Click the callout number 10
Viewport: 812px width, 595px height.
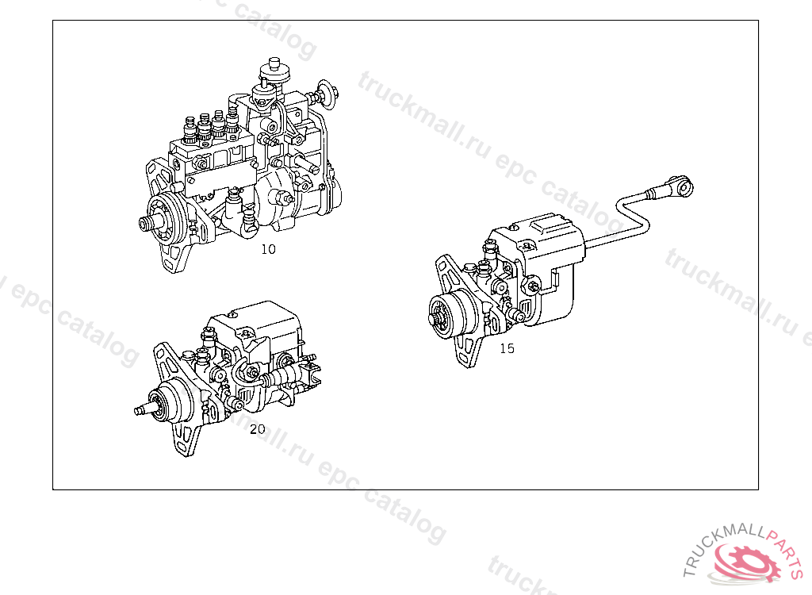[268, 249]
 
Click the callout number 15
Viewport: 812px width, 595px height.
[507, 348]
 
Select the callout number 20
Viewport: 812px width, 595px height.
[258, 429]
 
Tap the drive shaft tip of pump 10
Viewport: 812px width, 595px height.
[144, 224]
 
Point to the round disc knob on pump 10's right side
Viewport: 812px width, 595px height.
[326, 94]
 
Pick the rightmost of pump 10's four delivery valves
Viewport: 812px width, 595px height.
[232, 122]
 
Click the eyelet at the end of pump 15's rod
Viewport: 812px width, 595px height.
[683, 186]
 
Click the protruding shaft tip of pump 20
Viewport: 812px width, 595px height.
[139, 411]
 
